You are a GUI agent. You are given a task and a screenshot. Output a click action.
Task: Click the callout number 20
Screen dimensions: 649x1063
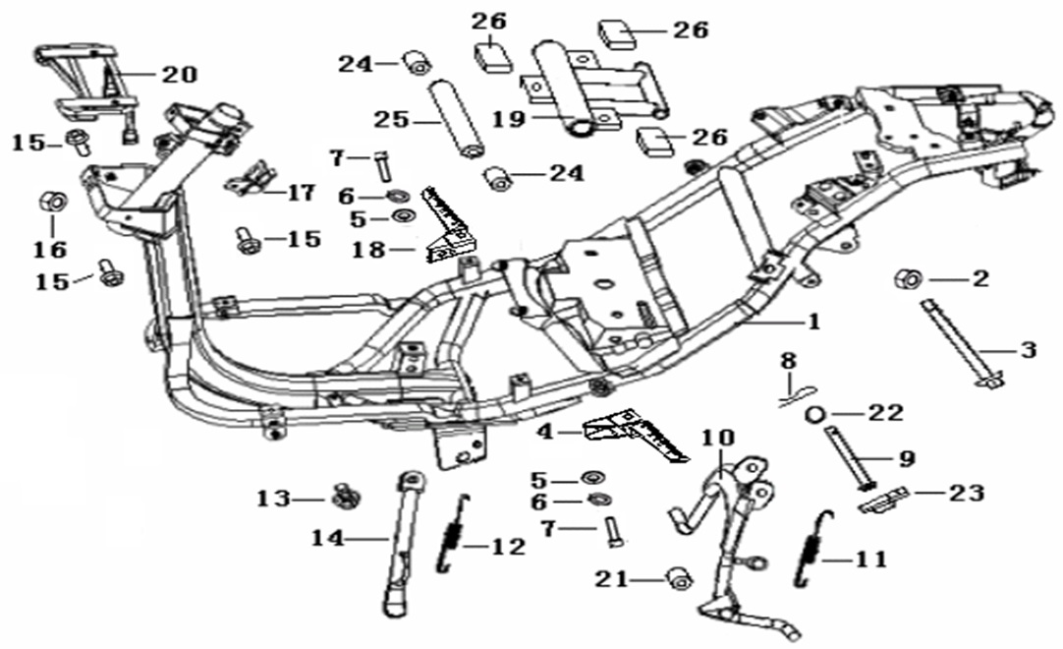click(x=180, y=74)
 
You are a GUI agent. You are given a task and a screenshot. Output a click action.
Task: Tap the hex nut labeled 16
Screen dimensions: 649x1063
click(x=52, y=204)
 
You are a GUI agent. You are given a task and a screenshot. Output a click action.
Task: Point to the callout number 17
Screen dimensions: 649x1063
click(x=300, y=192)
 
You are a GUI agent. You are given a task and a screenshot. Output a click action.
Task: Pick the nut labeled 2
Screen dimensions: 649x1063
click(x=906, y=279)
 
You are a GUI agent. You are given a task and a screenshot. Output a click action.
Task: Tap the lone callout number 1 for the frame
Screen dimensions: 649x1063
click(x=813, y=322)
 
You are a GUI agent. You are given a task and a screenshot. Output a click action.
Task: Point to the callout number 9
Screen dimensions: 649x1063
click(x=906, y=457)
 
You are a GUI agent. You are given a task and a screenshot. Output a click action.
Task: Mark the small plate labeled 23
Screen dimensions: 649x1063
click(x=881, y=500)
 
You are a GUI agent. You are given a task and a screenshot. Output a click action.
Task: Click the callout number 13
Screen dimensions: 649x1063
click(x=273, y=499)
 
